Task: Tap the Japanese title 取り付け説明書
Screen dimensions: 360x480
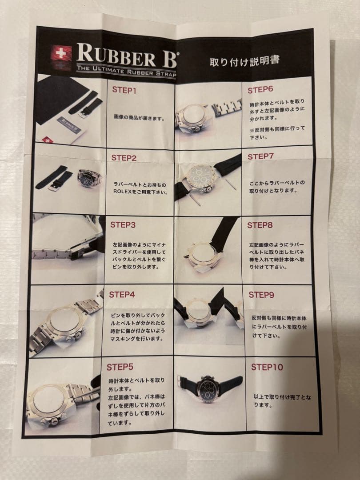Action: pos(244,60)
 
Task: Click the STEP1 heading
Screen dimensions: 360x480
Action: pos(124,90)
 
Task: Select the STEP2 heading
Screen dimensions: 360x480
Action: pos(124,158)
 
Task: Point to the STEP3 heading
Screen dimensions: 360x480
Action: pos(123,225)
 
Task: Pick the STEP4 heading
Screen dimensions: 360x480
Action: pos(122,295)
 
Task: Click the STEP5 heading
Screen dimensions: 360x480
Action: pos(120,367)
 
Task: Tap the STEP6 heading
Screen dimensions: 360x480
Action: pos(260,90)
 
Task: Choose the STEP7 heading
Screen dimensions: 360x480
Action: pos(260,156)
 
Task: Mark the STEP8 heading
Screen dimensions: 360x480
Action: pos(260,225)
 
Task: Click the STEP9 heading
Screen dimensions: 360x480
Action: pos(261,295)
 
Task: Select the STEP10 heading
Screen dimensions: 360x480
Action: pos(267,367)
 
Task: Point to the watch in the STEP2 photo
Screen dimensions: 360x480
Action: pos(89,179)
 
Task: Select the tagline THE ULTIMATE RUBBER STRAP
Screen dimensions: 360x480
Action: pos(126,71)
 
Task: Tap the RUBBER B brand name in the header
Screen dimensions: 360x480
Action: pos(126,55)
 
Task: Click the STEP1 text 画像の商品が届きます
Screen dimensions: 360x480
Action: pos(139,117)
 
